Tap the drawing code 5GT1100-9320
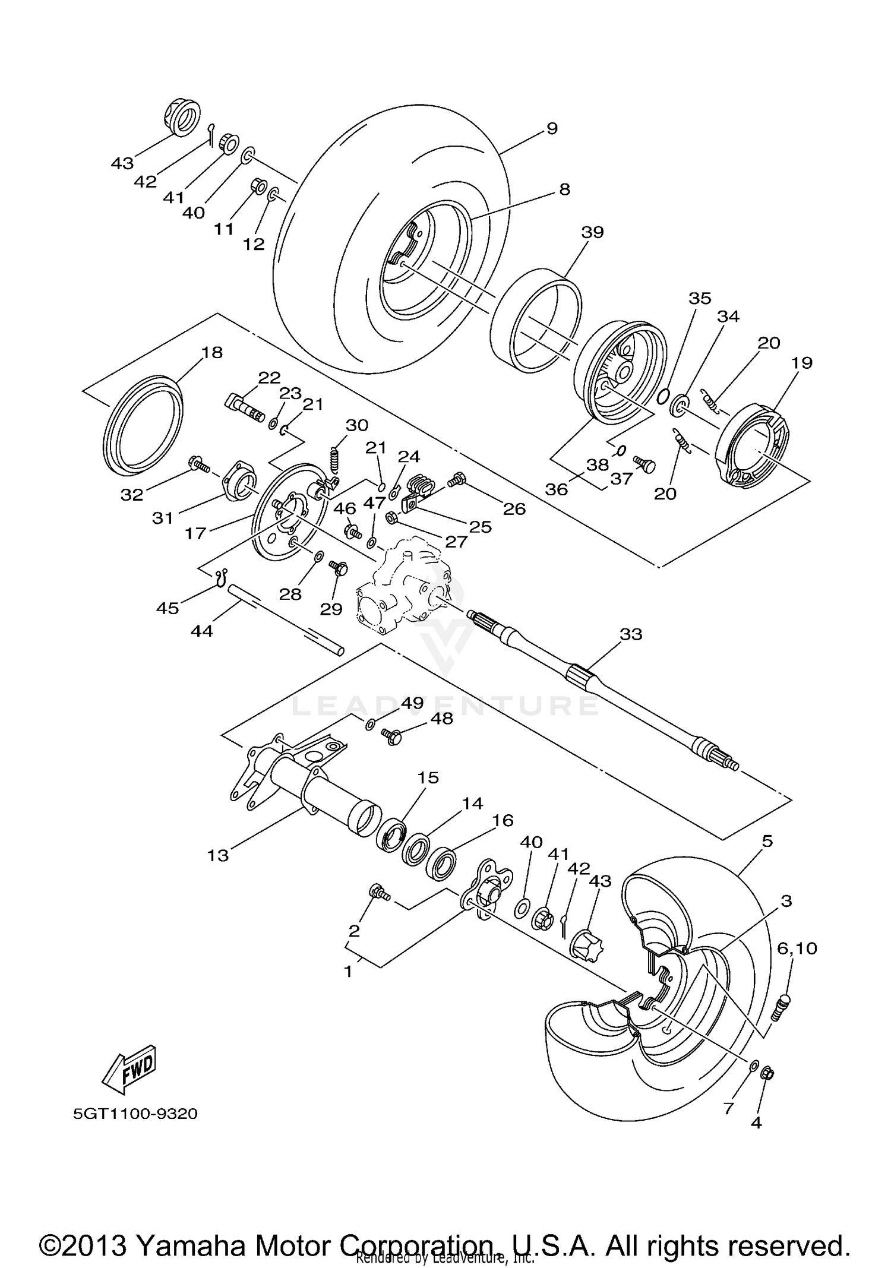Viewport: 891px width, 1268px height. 135,1114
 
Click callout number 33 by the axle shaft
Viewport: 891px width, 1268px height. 631,634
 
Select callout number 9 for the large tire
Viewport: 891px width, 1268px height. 552,128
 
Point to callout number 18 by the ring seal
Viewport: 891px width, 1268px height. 211,352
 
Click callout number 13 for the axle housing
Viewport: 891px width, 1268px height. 218,855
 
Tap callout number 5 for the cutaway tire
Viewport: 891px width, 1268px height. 767,841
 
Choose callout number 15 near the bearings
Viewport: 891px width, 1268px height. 428,777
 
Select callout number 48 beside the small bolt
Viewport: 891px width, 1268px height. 441,719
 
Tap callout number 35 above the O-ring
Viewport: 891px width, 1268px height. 700,298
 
